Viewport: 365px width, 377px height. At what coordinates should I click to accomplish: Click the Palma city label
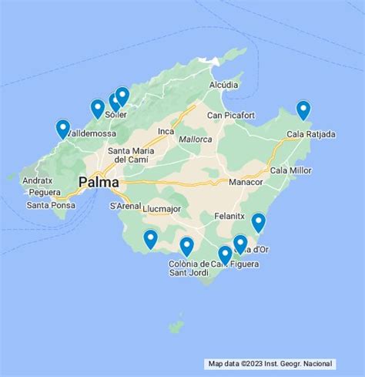[99, 183]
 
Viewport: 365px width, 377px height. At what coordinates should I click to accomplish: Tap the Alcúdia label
[223, 85]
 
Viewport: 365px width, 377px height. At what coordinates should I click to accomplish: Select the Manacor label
[246, 182]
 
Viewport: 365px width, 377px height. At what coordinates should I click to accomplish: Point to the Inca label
[166, 131]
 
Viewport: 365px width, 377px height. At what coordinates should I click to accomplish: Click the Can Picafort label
[230, 116]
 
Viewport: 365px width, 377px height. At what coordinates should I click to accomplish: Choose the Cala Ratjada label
[311, 134]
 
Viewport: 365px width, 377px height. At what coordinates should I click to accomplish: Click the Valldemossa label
[91, 133]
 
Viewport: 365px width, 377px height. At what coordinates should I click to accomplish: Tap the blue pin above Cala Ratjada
[303, 111]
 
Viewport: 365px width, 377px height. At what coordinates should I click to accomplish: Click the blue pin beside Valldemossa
[63, 129]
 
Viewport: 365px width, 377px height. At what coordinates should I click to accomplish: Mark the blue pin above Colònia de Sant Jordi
[186, 247]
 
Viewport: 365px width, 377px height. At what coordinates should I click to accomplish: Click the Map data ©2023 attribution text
[270, 363]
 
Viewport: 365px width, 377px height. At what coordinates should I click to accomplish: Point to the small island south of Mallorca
[177, 327]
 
